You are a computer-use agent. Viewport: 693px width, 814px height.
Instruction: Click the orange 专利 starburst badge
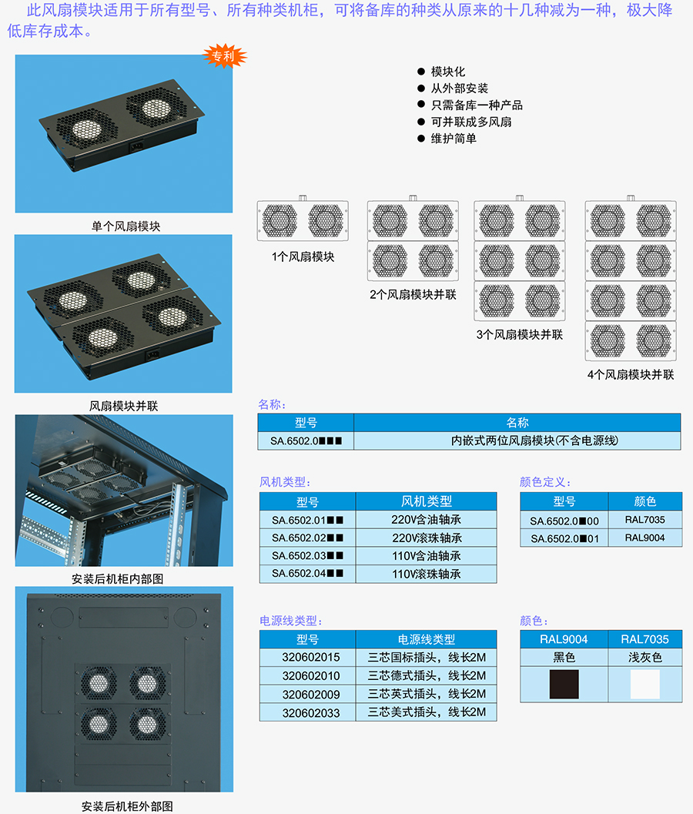[224, 56]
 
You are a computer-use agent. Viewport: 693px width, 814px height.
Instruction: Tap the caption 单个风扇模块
[126, 226]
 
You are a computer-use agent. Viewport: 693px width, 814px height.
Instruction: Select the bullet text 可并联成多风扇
[471, 122]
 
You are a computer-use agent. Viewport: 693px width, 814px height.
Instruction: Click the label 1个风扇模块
[303, 256]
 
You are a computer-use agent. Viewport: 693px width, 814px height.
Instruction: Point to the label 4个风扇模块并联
[631, 375]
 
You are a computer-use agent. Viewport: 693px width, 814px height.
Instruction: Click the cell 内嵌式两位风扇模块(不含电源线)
[534, 440]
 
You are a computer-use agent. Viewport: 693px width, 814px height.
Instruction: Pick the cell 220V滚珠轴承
[427, 538]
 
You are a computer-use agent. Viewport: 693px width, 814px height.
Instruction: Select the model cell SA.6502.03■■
[307, 556]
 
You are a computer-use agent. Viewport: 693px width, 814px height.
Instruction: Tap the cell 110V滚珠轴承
[427, 574]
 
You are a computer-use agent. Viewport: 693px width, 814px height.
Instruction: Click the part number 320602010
[311, 676]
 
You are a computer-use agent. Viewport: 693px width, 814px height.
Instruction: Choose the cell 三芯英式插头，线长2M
[427, 694]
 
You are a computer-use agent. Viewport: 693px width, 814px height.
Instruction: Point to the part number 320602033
[311, 713]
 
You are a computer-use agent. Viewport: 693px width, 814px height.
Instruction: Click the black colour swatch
[564, 684]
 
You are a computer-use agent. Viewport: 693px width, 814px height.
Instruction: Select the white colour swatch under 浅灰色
[645, 684]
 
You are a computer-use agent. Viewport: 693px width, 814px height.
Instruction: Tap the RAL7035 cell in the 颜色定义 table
[644, 520]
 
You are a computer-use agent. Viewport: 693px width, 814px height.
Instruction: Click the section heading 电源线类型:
[291, 621]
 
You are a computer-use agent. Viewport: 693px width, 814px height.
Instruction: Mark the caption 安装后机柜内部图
[117, 579]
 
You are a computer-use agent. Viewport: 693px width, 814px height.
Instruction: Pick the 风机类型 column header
[427, 501]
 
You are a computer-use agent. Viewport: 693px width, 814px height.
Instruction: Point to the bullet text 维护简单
[454, 139]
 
